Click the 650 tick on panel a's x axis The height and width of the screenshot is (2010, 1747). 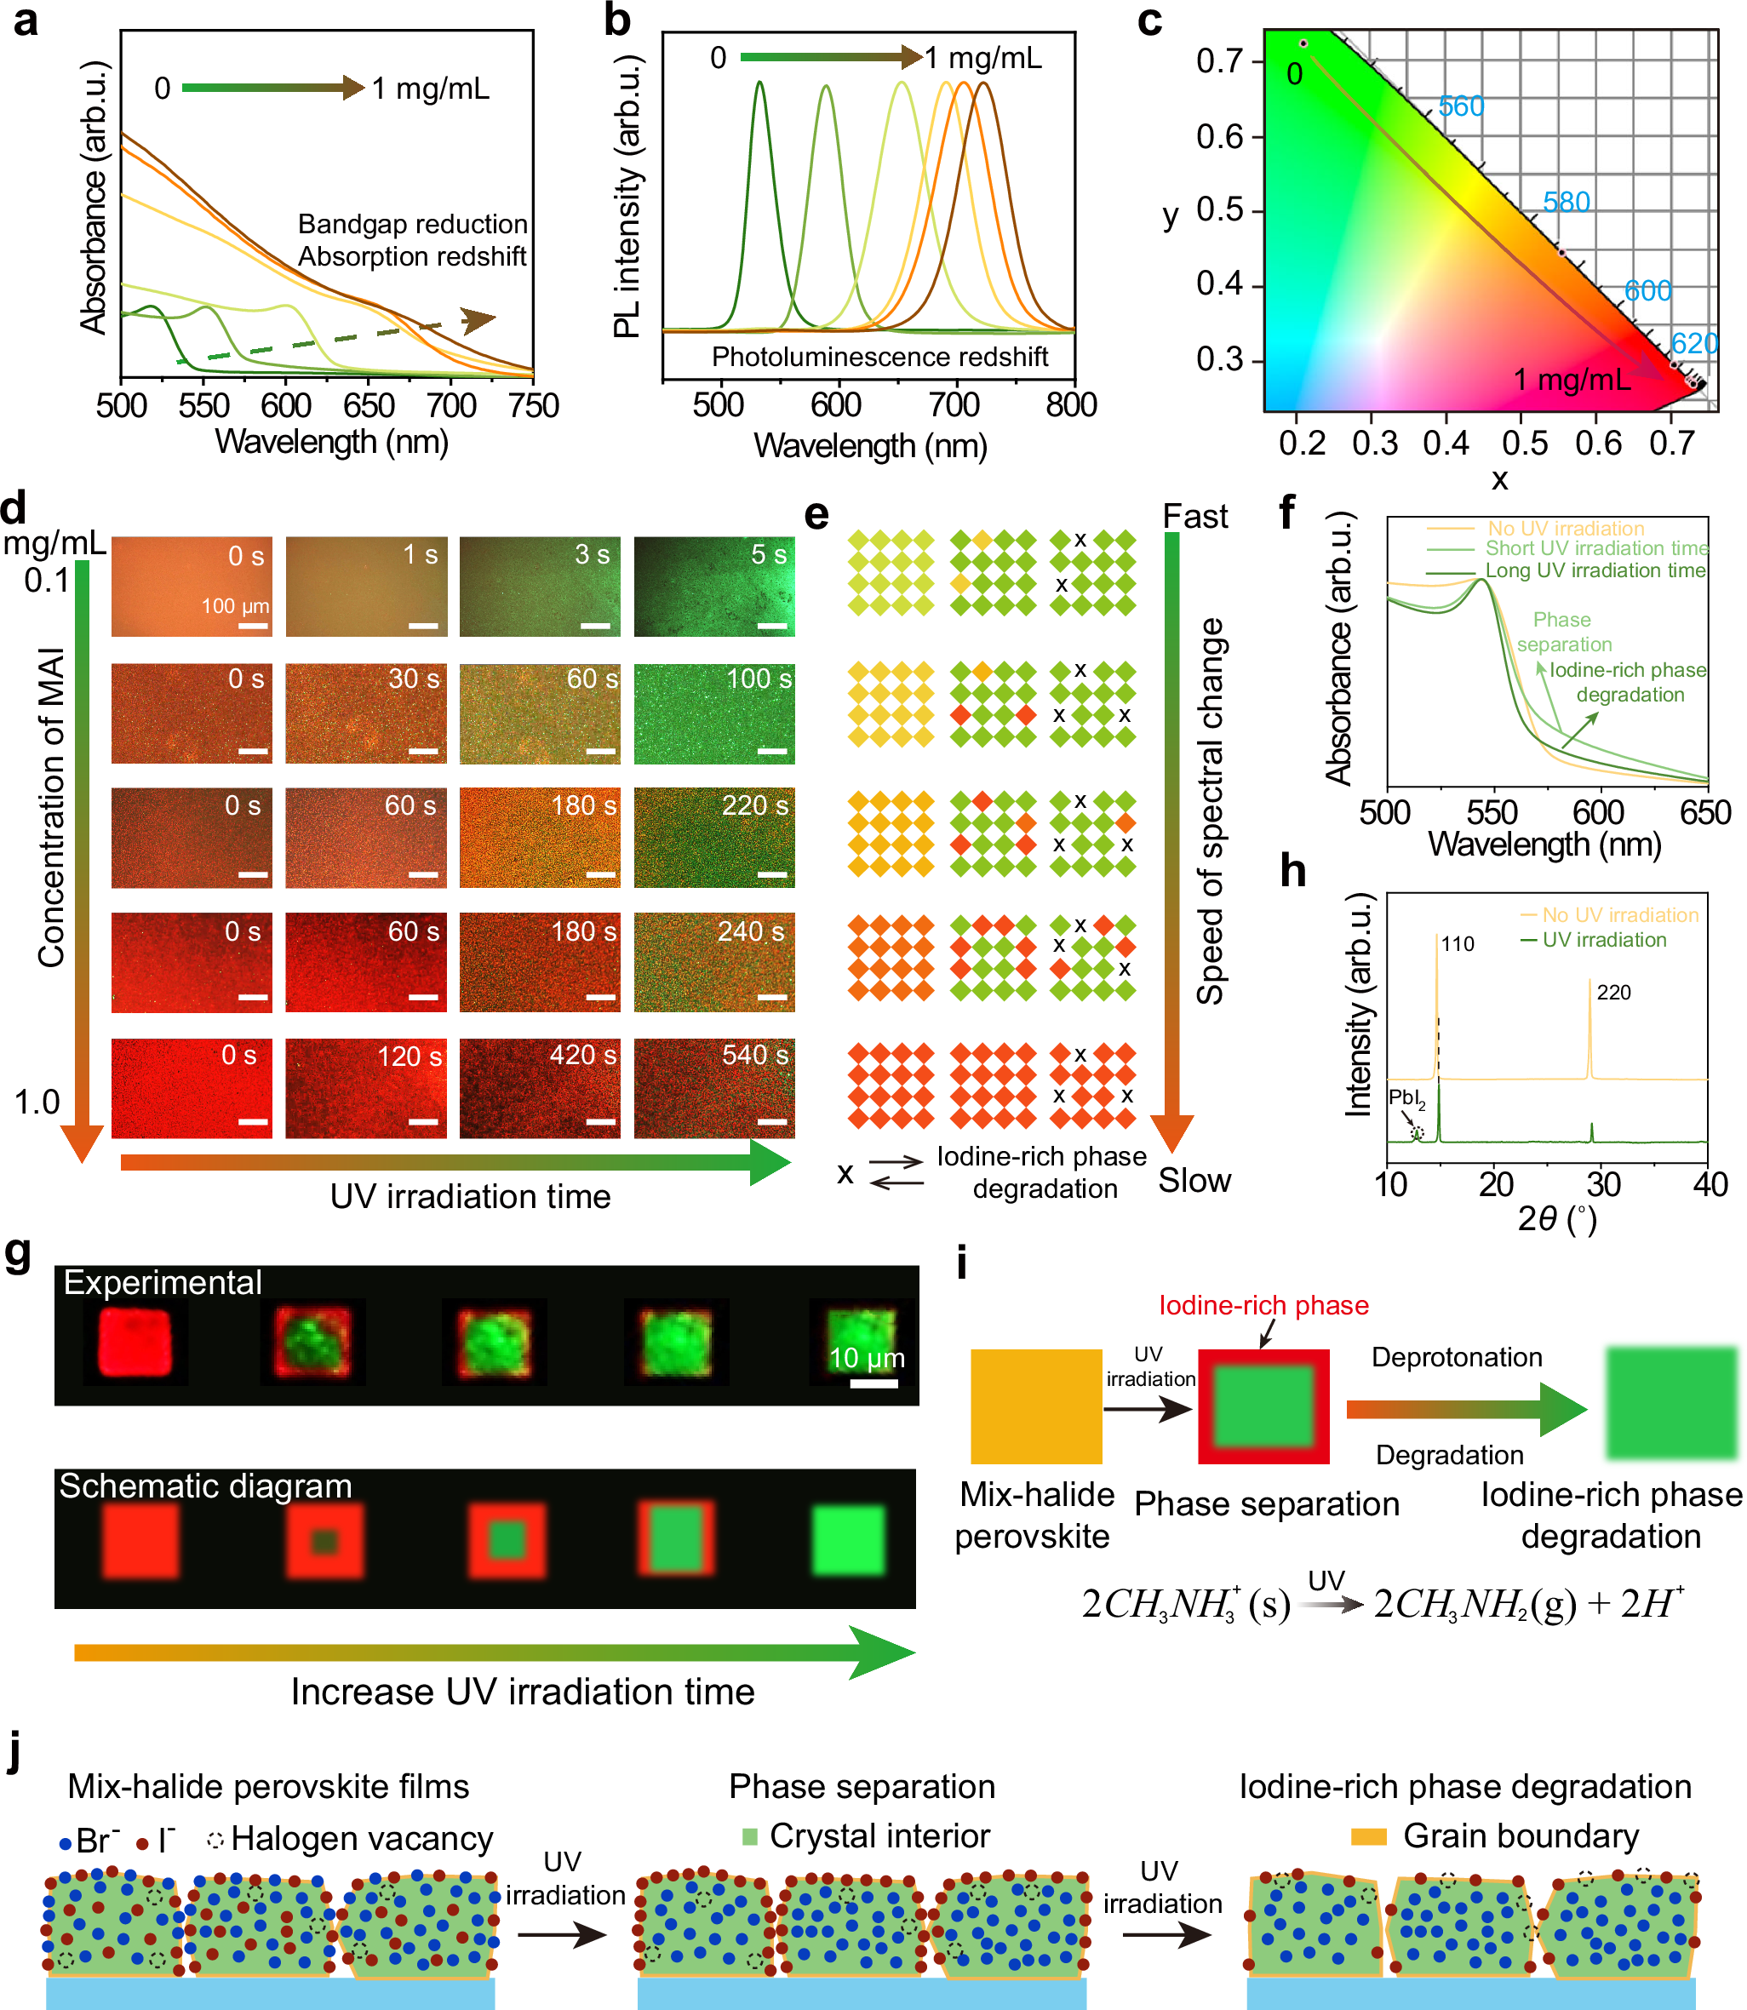pos(369,404)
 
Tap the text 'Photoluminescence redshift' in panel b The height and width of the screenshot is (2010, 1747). pos(879,357)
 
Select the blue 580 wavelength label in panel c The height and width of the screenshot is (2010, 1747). pos(1566,202)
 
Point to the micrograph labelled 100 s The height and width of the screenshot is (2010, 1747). pos(713,713)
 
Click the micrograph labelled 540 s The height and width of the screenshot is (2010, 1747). pos(713,1088)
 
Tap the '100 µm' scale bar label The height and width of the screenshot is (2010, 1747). pos(234,606)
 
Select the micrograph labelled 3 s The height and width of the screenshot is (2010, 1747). pos(539,587)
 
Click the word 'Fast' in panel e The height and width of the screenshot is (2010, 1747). pos(1194,517)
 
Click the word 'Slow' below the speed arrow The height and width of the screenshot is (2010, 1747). pos(1194,1181)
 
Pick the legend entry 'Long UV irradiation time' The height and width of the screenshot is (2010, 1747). pos(1595,570)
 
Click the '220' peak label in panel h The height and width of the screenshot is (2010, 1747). pos(1613,993)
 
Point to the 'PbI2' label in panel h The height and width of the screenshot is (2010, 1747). pos(1406,1098)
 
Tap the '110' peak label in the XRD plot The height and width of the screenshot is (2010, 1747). pos(1458,943)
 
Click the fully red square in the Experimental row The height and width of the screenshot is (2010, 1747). pos(135,1343)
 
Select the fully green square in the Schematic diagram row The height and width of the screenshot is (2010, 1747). pos(849,1541)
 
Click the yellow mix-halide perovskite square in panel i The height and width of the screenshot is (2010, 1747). pos(1036,1406)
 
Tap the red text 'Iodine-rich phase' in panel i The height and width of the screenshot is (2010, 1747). pos(1263,1305)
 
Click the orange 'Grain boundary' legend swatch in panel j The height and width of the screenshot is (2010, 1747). pos(1368,1837)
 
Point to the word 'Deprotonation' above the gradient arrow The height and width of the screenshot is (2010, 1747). pos(1457,1357)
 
